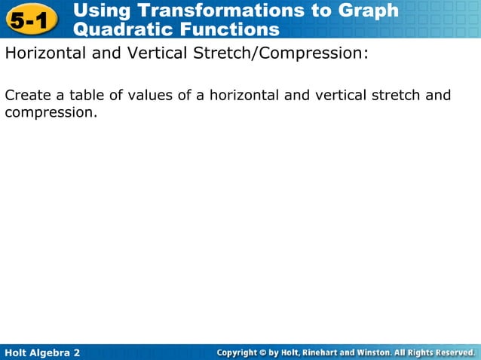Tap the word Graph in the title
pos(368,11)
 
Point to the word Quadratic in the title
pos(119,30)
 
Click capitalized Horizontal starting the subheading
pos(46,54)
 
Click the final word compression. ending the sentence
pos(51,113)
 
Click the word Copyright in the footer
pos(240,352)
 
